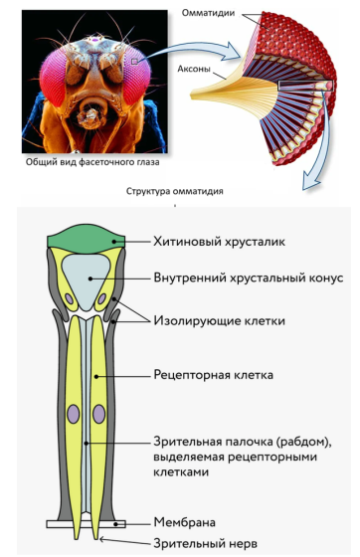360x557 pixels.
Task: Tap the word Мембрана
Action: click(x=186, y=520)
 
